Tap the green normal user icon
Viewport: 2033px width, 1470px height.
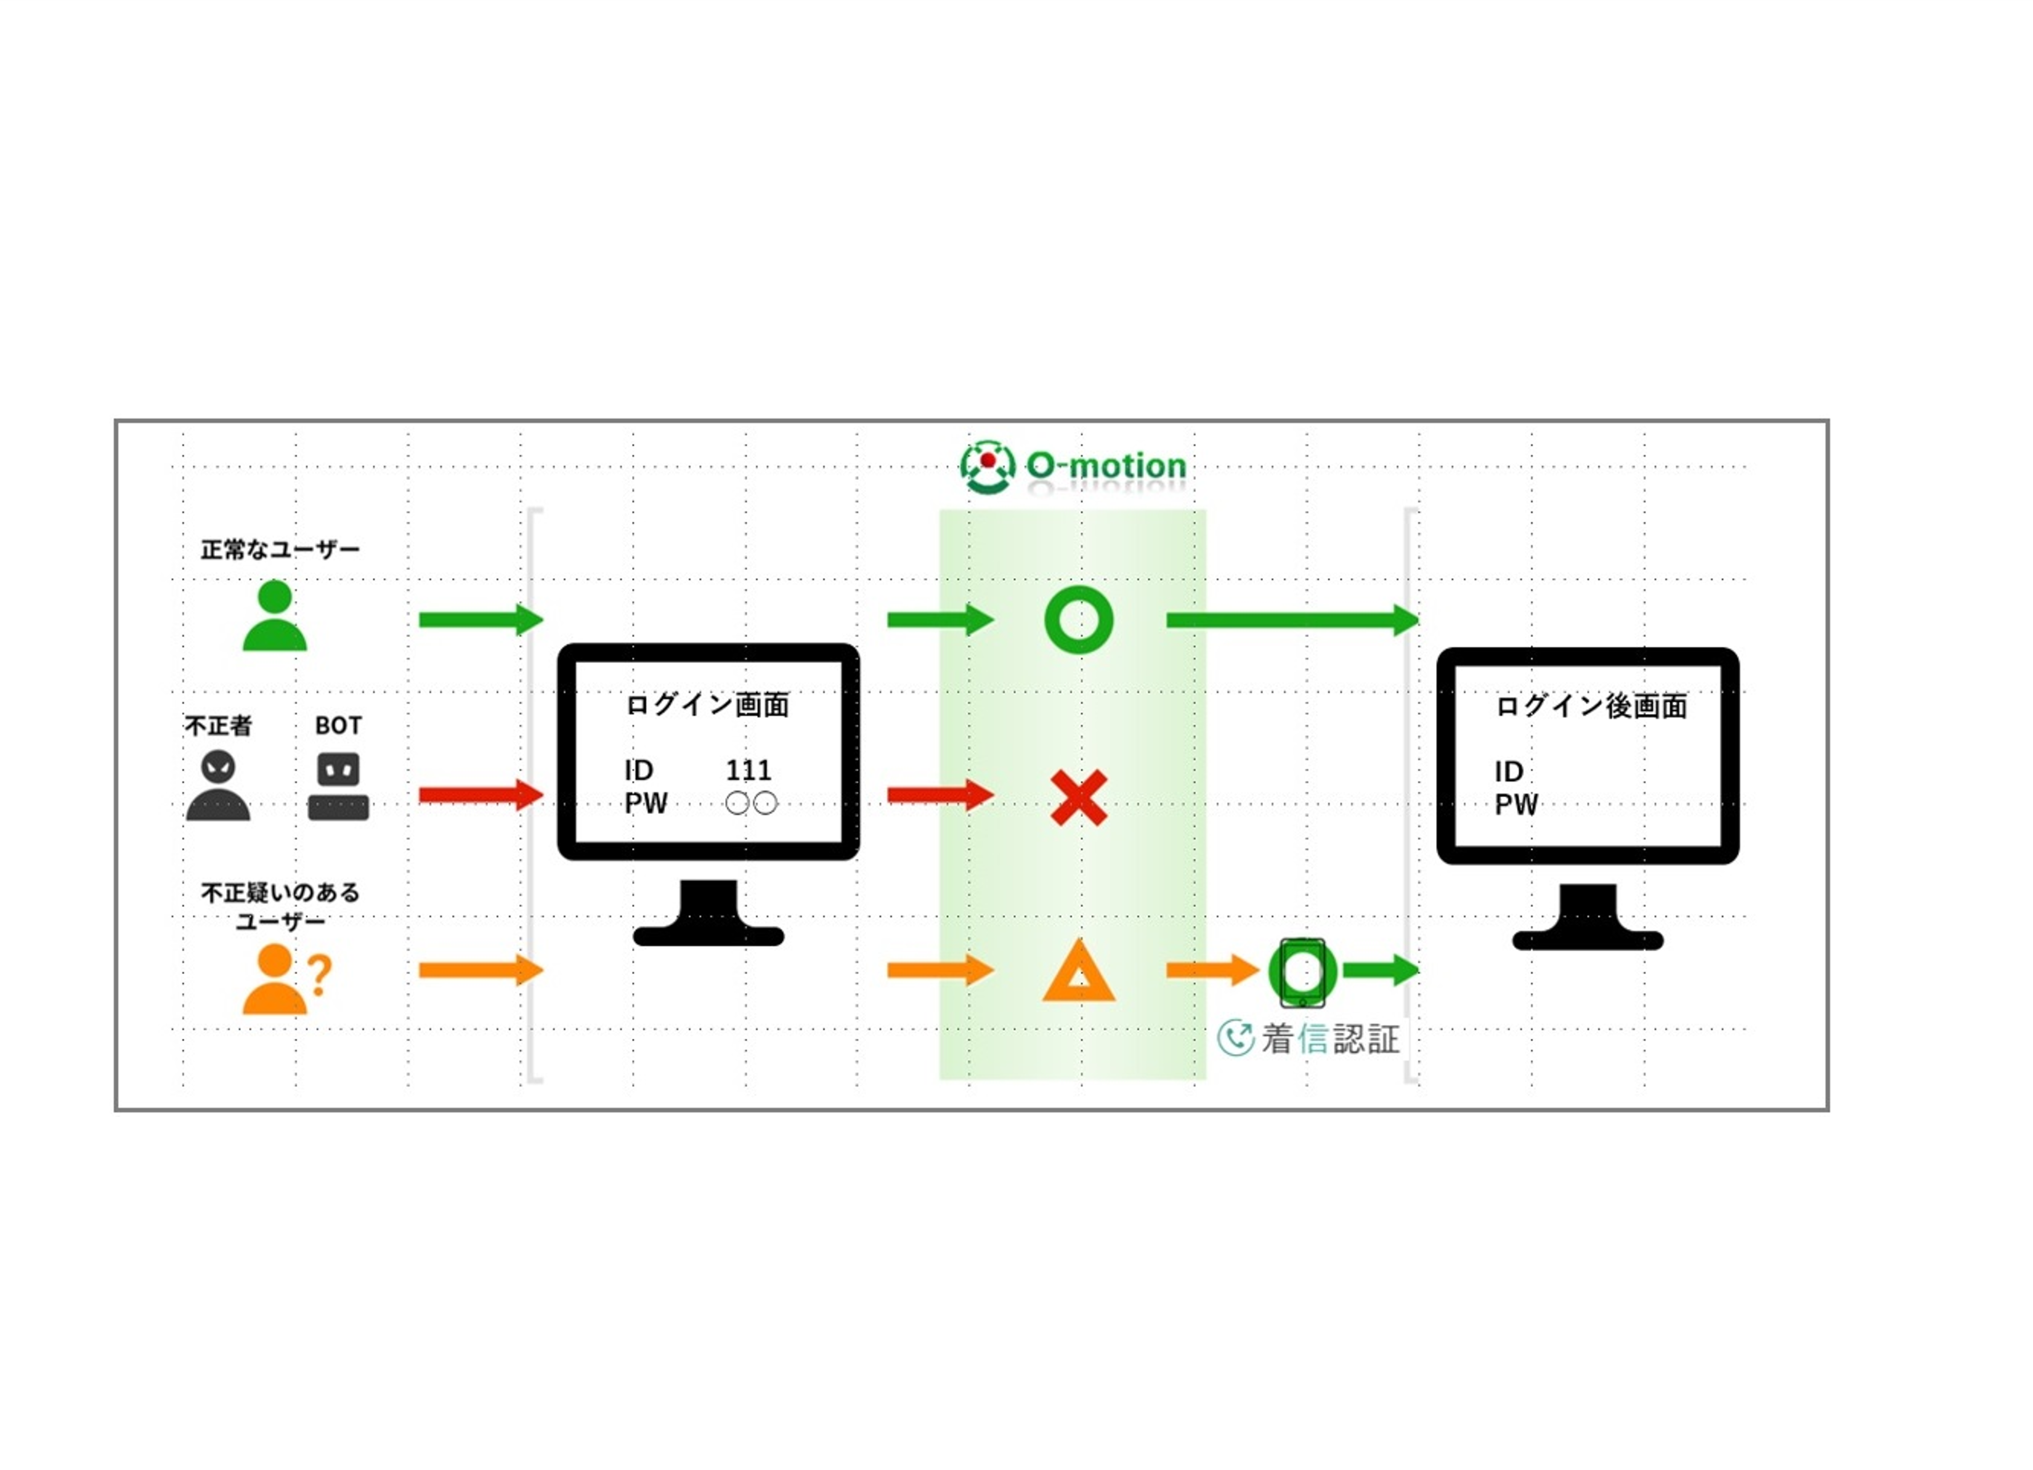275,616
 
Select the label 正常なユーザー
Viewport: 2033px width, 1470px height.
280,550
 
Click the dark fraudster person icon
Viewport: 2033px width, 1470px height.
218,786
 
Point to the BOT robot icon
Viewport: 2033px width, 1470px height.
338,786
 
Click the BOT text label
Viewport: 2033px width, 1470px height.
338,725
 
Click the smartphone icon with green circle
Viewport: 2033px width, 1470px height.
1302,973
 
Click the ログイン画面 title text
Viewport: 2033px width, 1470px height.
707,705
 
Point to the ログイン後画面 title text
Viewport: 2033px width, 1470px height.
1591,706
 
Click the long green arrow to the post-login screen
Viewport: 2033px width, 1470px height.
1291,620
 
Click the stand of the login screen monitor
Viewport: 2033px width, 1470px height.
708,914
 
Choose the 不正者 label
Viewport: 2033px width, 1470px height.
218,725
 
